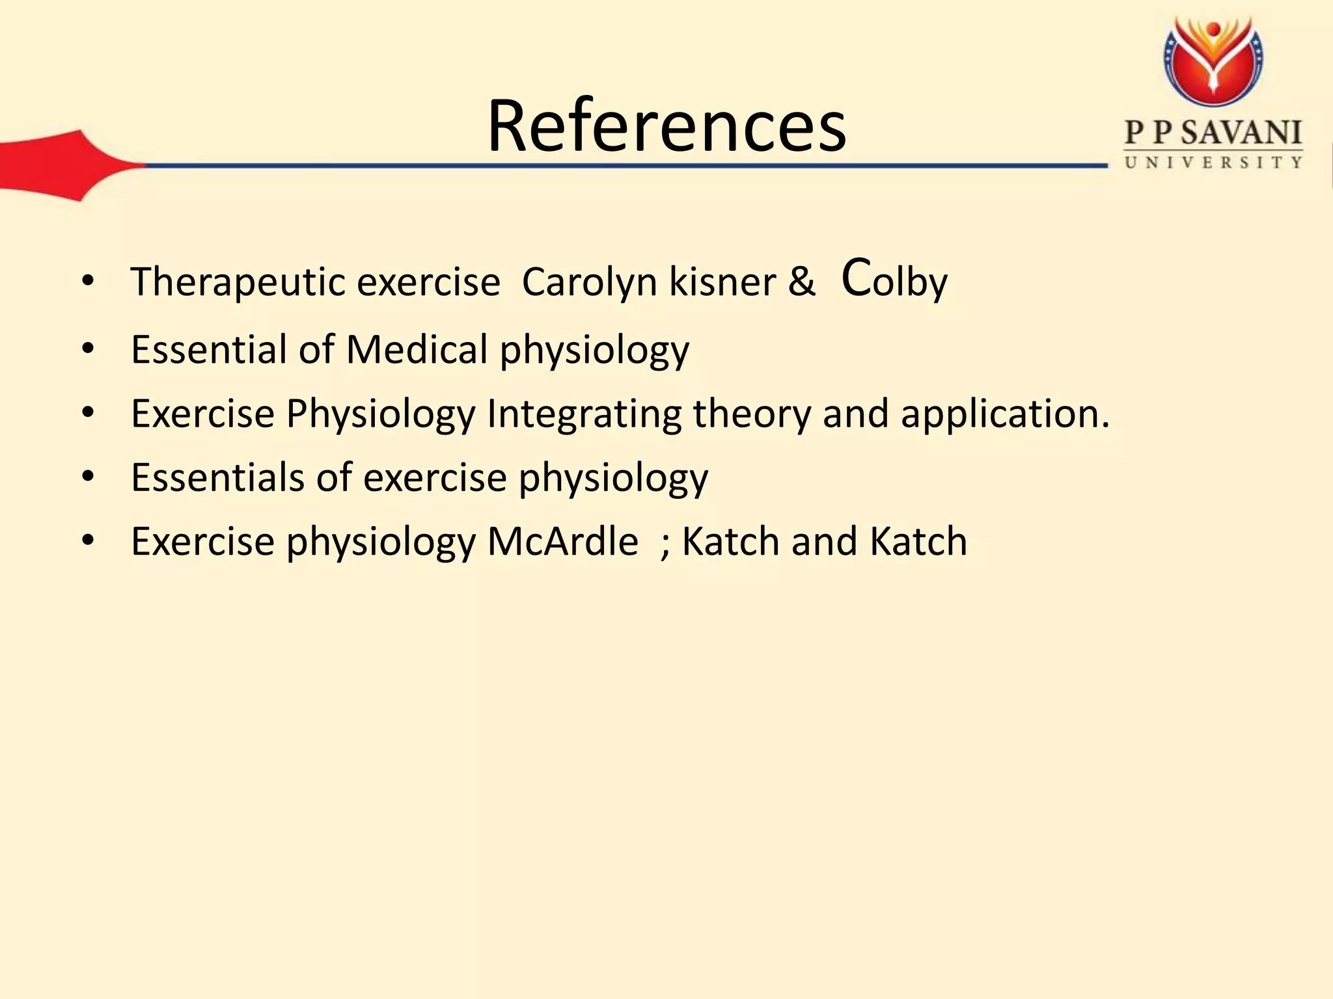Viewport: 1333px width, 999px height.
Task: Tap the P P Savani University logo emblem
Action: click(1213, 62)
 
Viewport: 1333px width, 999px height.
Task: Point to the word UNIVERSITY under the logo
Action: click(1213, 163)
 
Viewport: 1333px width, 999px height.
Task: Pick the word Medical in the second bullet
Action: click(417, 349)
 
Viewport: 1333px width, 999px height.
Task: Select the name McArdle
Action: click(562, 541)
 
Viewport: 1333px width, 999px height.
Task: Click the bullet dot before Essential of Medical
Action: click(89, 349)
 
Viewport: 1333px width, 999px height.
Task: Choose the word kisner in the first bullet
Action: click(722, 283)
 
